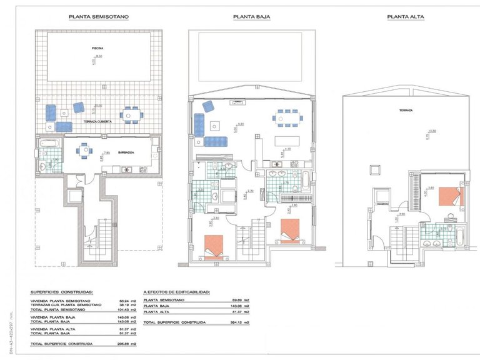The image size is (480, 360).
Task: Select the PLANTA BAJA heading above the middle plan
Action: coord(251,17)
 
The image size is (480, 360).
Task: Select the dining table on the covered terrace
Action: coord(129,115)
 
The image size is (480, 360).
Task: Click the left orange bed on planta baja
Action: coord(212,245)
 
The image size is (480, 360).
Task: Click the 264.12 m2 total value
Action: coord(241,322)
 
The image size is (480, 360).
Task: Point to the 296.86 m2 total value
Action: coord(127,344)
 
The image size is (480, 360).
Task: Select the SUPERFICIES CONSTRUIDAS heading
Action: coord(62,291)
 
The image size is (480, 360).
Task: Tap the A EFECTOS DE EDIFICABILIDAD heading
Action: coord(176,291)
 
